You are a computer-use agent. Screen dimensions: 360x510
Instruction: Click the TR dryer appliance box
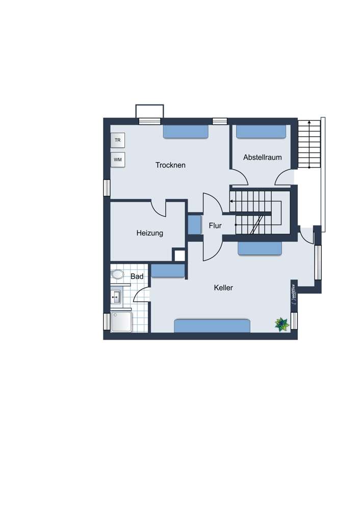click(x=118, y=140)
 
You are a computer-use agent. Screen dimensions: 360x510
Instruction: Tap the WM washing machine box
click(x=118, y=160)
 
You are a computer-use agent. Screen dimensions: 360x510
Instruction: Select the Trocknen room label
click(x=170, y=165)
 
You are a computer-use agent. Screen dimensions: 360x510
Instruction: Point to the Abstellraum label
click(x=263, y=157)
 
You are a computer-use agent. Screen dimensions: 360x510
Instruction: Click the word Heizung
click(x=149, y=233)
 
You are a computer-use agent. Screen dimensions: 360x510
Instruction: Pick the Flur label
click(x=215, y=225)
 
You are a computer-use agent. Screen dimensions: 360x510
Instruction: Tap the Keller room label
click(x=223, y=288)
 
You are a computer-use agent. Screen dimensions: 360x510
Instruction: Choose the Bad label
click(x=137, y=276)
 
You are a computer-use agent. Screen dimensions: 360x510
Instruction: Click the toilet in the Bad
click(x=117, y=274)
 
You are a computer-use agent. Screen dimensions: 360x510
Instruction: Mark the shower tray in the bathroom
click(x=121, y=322)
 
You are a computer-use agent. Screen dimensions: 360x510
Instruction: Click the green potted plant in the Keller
click(x=281, y=324)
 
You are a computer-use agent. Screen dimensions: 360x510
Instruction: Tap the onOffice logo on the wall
click(x=294, y=294)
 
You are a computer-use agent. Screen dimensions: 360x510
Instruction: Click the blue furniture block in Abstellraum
click(x=261, y=132)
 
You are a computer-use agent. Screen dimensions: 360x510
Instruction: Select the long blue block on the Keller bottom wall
click(x=212, y=326)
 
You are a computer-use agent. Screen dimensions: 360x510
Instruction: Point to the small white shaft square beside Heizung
click(x=179, y=256)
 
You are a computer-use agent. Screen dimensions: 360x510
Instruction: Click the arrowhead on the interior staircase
click(x=231, y=201)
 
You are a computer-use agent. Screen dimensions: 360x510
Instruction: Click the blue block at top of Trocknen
click(x=186, y=131)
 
